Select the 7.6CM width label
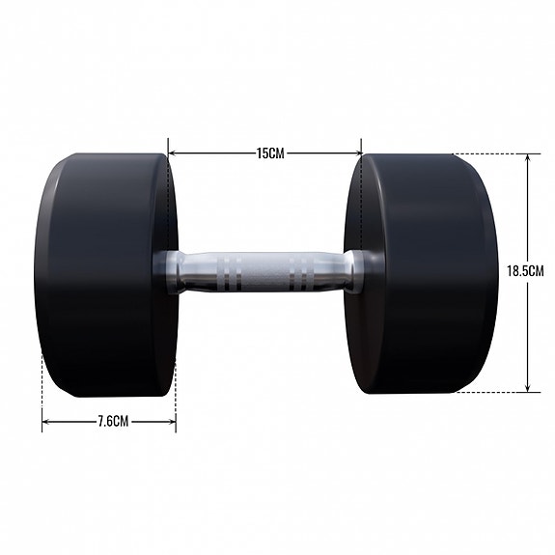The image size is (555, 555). (108, 422)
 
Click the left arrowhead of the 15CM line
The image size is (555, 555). (173, 152)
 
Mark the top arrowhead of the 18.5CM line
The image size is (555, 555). (528, 157)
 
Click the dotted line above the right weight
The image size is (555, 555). (487, 153)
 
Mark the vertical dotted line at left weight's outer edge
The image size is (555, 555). (42, 386)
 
